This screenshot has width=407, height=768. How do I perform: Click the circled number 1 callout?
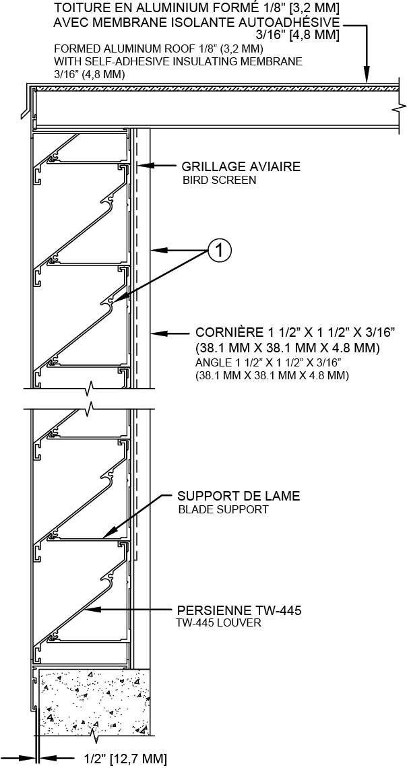(220, 251)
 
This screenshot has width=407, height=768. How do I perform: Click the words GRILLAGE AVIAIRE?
(241, 166)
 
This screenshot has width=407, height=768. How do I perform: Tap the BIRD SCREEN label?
(219, 181)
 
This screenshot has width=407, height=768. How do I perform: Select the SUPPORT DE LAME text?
(239, 496)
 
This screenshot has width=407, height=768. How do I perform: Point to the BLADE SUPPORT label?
(223, 510)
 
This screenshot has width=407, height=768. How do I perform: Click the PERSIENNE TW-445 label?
(239, 610)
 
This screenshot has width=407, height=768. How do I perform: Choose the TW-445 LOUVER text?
(219, 624)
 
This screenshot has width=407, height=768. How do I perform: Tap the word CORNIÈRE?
(228, 332)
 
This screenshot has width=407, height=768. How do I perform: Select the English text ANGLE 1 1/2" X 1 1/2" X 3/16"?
(268, 363)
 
